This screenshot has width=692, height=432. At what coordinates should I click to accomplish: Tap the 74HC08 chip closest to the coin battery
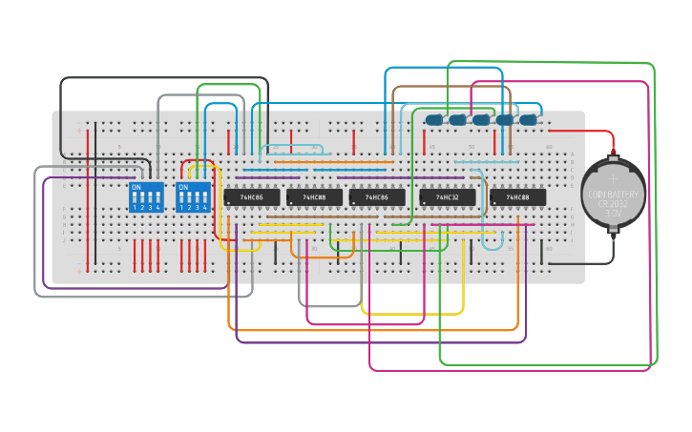tap(518, 197)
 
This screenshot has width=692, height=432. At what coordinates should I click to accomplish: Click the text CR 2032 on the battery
tap(614, 204)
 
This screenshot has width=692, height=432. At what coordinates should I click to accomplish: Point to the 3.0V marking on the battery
tap(614, 214)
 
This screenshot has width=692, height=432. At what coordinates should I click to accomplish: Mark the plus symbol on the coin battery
tap(614, 178)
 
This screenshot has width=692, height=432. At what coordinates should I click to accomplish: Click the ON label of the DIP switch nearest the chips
tap(183, 187)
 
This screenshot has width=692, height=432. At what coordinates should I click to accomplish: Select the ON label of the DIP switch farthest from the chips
tap(136, 187)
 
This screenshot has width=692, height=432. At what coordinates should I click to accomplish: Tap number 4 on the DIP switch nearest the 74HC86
tap(204, 207)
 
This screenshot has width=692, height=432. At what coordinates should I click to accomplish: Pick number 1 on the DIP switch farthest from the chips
tap(135, 207)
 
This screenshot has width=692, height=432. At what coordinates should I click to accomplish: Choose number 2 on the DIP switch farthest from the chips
tap(142, 207)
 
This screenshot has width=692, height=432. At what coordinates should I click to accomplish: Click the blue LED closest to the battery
tap(528, 120)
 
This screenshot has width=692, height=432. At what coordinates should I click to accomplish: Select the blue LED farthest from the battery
tap(434, 120)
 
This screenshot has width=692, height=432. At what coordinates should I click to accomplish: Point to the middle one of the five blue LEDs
tap(481, 120)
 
